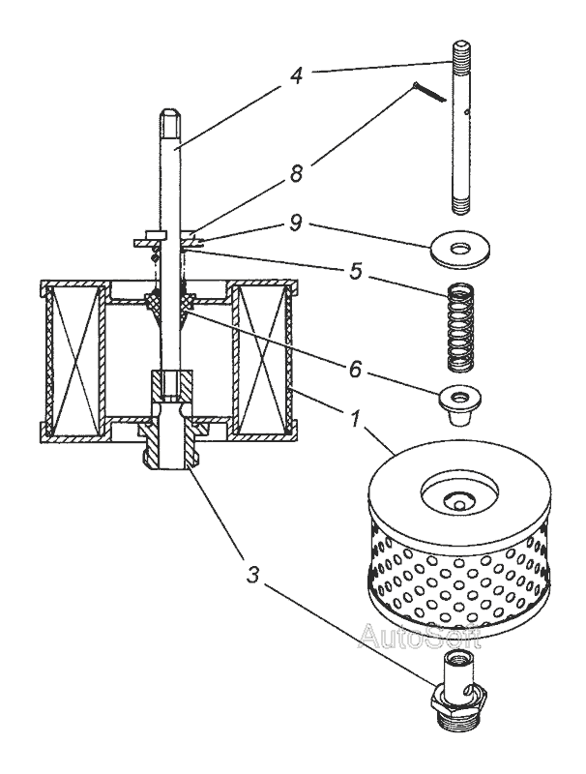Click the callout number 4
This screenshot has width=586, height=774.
coord(296,76)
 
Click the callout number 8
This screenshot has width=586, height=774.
coord(296,174)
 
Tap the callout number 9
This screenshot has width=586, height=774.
coord(296,223)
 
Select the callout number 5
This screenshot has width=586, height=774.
coord(356,271)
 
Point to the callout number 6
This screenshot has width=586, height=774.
coord(356,369)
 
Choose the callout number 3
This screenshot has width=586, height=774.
coord(252,574)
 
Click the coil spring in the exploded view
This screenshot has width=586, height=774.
coord(460,326)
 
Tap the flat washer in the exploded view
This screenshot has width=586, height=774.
coord(460,250)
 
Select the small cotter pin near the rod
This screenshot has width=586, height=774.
coord(428,93)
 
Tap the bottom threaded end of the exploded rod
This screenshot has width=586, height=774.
coord(460,205)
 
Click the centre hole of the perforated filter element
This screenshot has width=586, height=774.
coord(459,504)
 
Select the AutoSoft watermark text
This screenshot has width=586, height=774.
coord(420,636)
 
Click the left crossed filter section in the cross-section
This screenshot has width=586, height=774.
coord(73,361)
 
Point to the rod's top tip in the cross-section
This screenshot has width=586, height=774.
coord(169,109)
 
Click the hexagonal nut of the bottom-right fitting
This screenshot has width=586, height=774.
coord(459,695)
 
